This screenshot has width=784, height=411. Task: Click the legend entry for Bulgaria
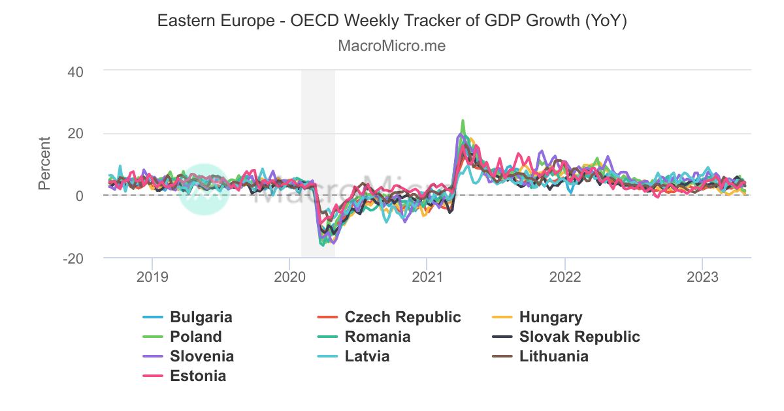tap(201, 318)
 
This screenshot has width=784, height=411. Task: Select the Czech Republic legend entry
tap(402, 318)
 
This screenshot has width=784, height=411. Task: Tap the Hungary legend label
tap(550, 318)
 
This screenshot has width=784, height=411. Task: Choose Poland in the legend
tap(195, 337)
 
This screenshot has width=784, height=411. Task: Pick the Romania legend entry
tap(378, 337)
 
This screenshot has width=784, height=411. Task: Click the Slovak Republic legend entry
tap(580, 337)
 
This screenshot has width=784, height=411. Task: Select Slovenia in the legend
tap(201, 357)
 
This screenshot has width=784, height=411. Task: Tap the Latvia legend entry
tap(367, 357)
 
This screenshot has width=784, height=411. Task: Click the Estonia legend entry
tap(198, 376)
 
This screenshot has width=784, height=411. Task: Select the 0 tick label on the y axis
tap(78, 196)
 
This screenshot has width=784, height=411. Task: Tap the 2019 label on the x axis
tap(152, 277)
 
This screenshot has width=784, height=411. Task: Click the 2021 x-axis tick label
tap(427, 277)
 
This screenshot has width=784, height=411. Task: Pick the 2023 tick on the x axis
tap(702, 277)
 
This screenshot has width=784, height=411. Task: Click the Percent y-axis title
tap(44, 163)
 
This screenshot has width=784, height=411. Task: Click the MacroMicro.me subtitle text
tap(392, 46)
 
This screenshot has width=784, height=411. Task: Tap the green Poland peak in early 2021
tap(463, 121)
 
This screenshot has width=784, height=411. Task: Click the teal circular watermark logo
tap(204, 189)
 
